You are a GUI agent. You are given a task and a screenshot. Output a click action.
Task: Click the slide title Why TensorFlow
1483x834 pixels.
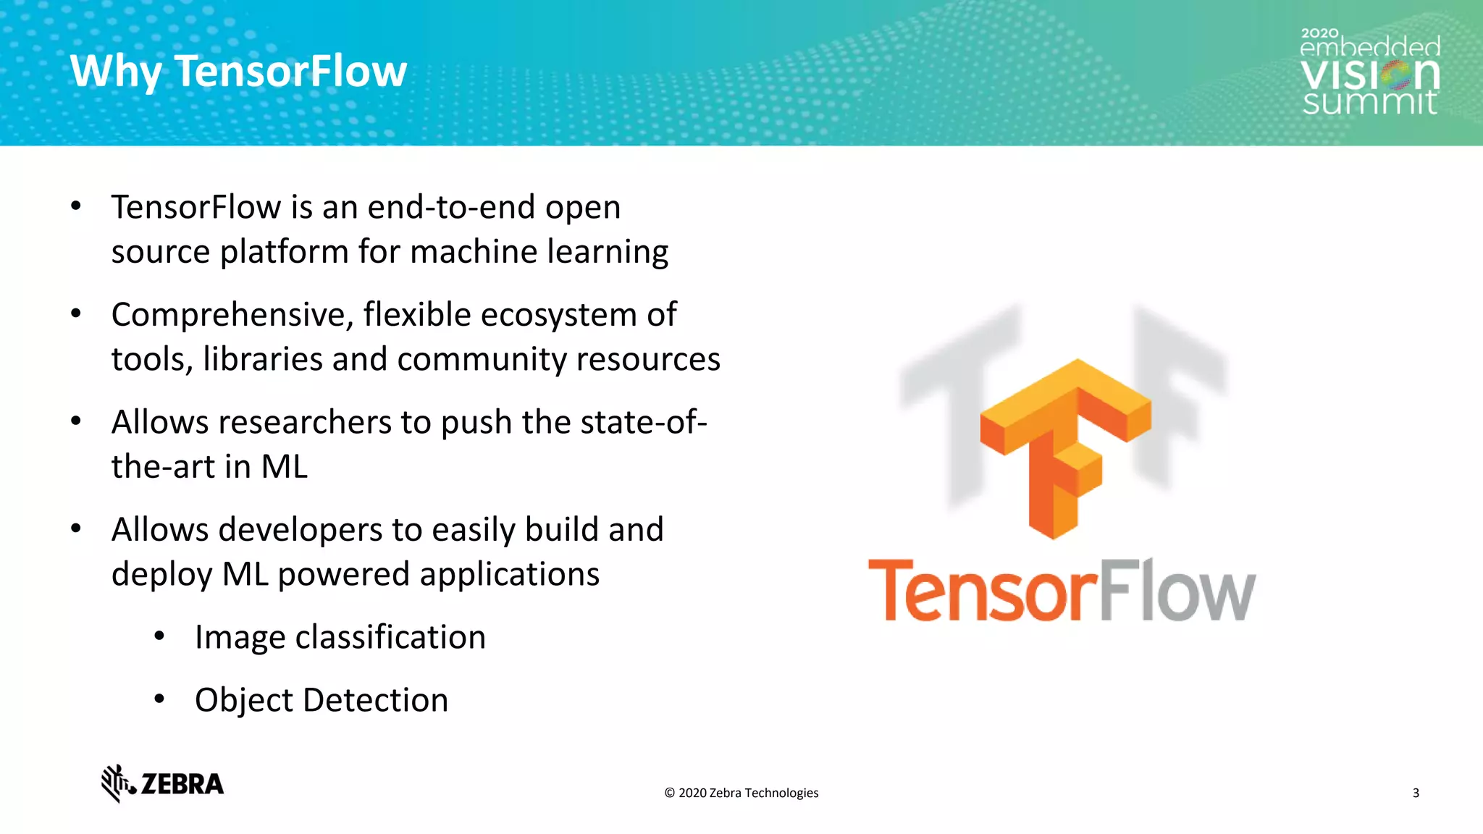point(238,71)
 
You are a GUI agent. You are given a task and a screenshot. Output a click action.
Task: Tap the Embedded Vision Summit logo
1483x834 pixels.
point(1370,72)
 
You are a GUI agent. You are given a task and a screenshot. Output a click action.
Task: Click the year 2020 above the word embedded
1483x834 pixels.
point(1319,33)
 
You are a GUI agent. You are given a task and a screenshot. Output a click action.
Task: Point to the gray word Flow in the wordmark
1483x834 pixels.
point(1177,591)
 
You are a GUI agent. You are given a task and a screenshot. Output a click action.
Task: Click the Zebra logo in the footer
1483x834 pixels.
point(163,783)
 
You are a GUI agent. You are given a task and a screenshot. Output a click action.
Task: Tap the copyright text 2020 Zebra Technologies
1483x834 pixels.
point(741,793)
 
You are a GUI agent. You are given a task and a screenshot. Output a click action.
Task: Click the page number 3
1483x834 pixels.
point(1416,793)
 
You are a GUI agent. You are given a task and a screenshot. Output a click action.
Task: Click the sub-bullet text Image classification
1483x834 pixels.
point(340,637)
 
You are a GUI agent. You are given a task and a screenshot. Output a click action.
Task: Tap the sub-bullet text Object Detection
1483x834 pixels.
point(322,700)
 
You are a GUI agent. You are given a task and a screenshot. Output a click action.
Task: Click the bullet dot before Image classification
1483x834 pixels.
point(160,636)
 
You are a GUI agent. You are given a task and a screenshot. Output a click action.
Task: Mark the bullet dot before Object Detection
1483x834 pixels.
point(160,699)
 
